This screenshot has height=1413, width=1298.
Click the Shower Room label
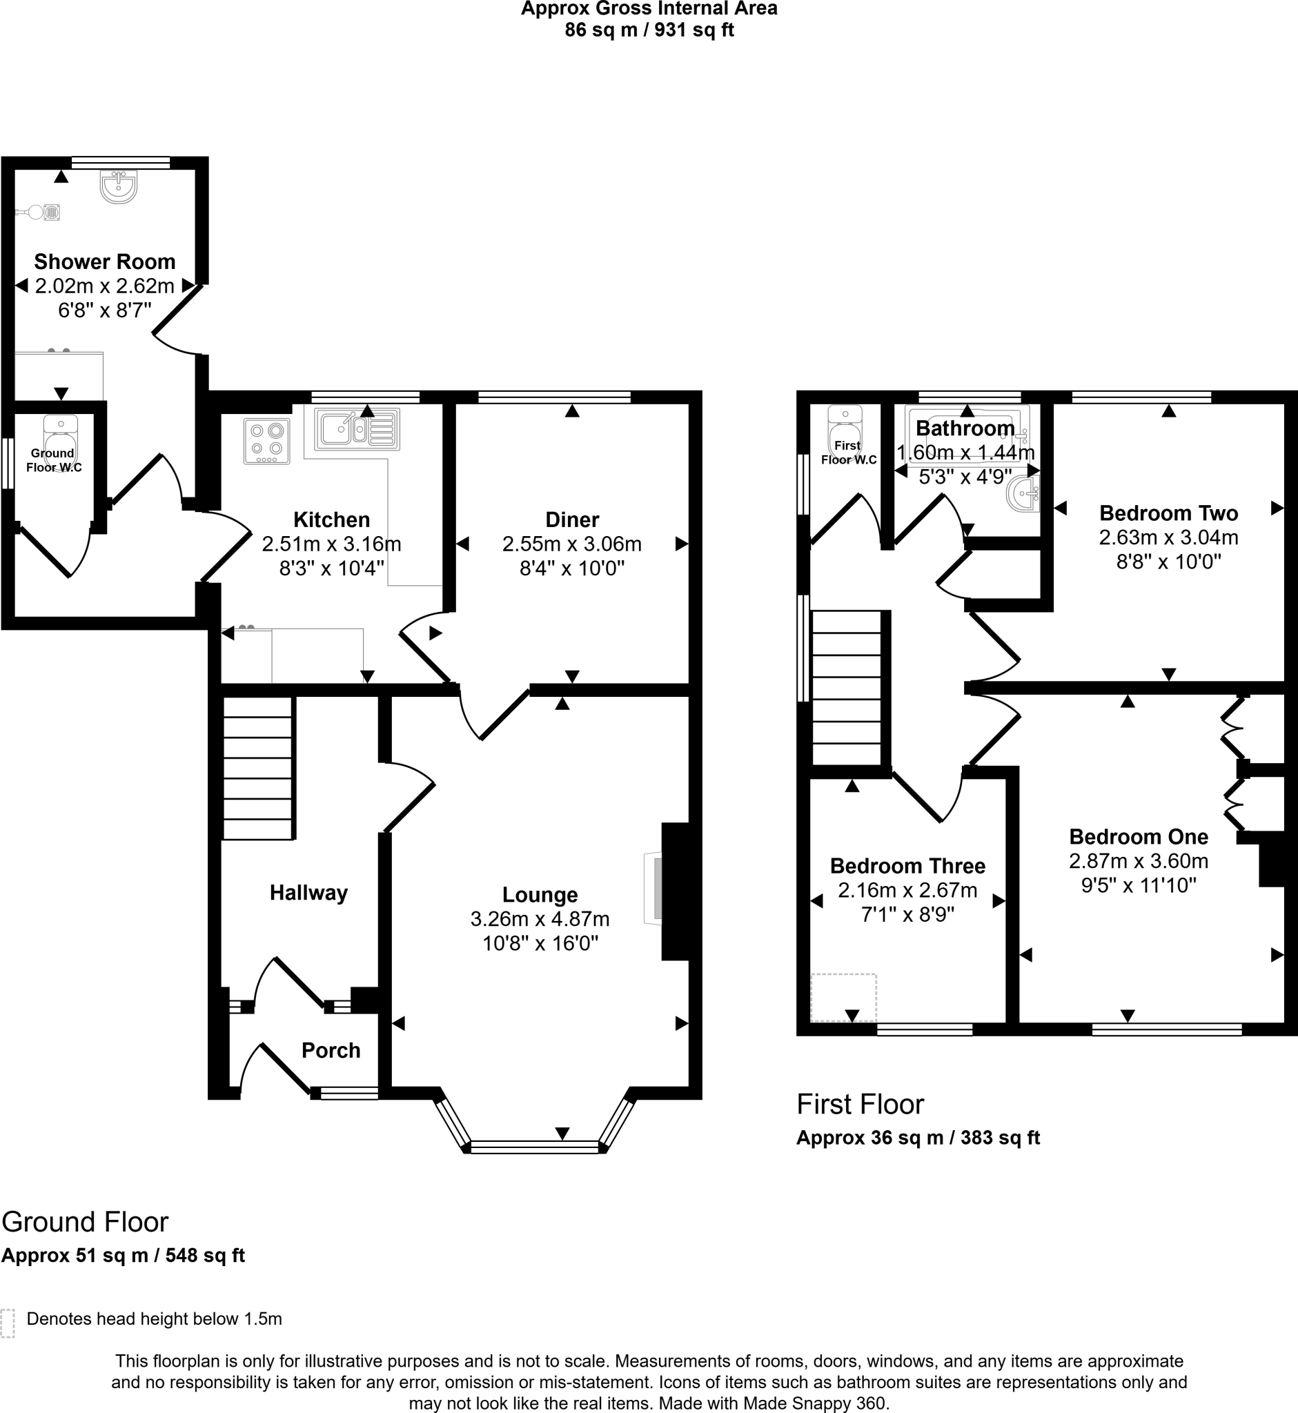pos(105,262)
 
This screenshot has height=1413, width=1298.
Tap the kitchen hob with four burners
pos(267,441)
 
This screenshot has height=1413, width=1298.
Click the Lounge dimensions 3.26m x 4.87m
pos(540,918)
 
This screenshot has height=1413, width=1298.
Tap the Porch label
pos(331,1050)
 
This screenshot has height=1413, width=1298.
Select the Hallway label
pos(308,893)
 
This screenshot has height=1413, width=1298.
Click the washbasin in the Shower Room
pos(118,187)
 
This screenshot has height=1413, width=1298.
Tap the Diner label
pos(572,520)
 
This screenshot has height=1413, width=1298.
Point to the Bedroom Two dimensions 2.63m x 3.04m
pos(1168,537)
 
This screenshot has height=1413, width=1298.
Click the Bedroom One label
pos(1138,836)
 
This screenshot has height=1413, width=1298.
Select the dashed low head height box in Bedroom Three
pos(843,997)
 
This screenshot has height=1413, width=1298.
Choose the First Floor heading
pos(860,1105)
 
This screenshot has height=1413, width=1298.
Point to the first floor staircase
pos(847,689)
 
